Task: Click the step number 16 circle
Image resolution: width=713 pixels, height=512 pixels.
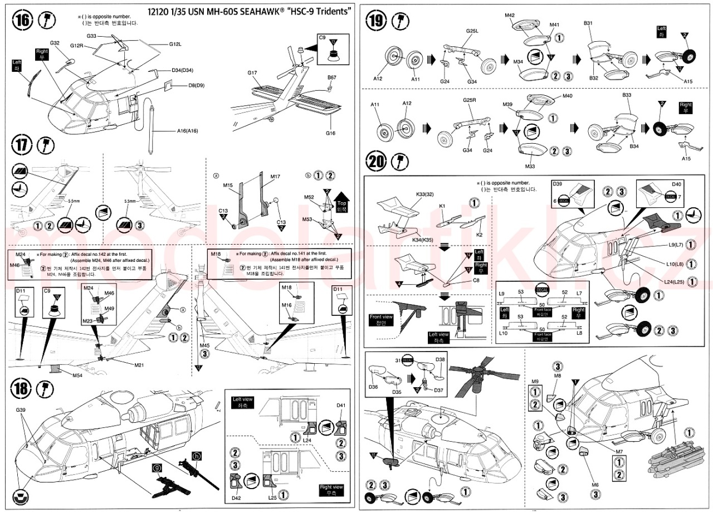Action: [x=22, y=22]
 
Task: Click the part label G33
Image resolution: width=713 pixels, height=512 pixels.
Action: [x=92, y=36]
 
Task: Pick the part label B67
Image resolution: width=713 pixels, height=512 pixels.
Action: [x=331, y=77]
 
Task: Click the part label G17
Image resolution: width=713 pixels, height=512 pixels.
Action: [x=252, y=72]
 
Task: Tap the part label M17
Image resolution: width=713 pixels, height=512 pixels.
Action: [x=275, y=177]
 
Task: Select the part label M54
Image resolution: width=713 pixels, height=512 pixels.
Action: [x=79, y=375]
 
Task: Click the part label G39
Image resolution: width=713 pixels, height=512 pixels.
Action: [x=21, y=410]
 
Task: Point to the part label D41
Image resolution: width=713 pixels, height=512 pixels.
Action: [x=341, y=405]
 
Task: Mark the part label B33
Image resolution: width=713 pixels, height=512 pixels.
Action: [x=627, y=95]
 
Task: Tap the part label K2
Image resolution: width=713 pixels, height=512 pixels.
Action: [x=479, y=235]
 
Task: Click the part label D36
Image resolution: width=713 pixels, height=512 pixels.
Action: [x=373, y=386]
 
